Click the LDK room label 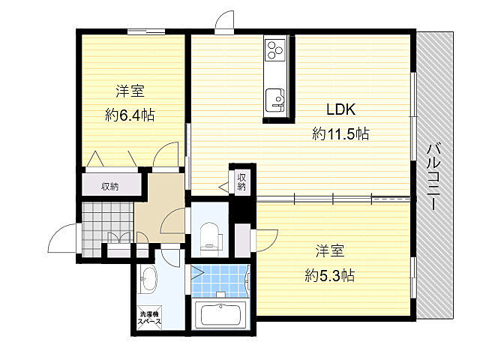(341, 109)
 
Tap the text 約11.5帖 (340, 133)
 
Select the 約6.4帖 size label (130, 115)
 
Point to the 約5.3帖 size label (330, 275)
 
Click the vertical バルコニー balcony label (433, 177)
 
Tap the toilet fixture (209, 235)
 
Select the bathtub (220, 315)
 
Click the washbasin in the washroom (148, 279)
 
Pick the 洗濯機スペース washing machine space (149, 318)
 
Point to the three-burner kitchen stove (275, 49)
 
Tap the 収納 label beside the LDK (241, 181)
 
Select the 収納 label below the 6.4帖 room (110, 186)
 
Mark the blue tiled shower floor (220, 281)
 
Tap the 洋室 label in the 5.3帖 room (330, 251)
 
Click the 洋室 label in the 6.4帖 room (130, 91)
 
